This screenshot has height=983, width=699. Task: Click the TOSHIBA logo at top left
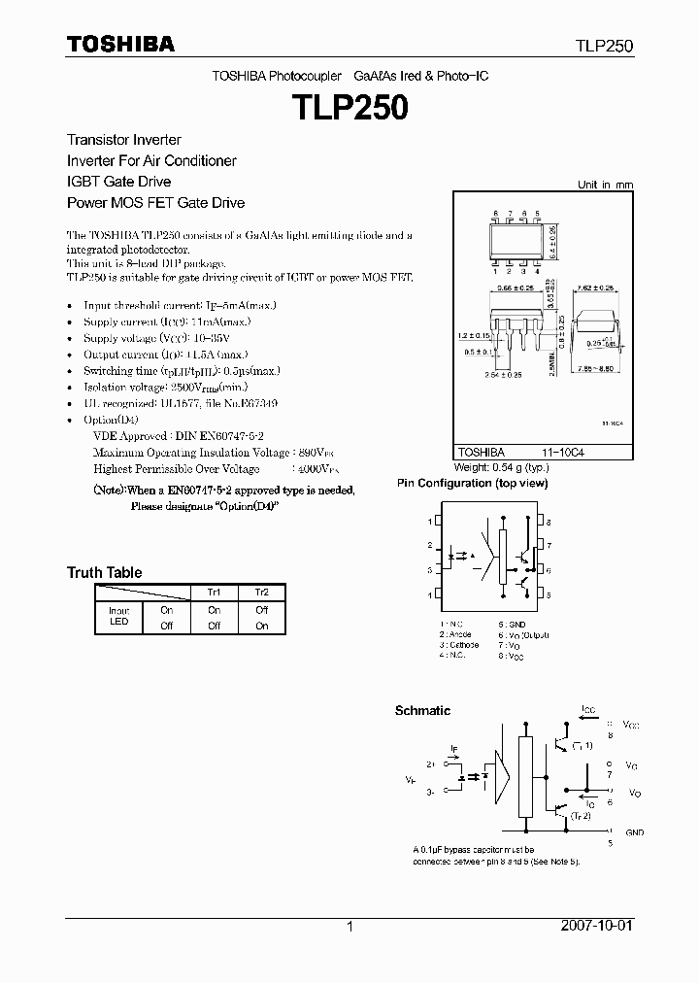(120, 44)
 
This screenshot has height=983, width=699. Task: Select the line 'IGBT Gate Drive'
(118, 182)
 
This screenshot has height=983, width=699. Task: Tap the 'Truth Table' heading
(104, 573)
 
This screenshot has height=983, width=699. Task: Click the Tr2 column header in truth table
(261, 593)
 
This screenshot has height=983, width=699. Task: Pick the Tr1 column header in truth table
(214, 593)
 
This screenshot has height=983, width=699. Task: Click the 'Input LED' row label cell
(118, 617)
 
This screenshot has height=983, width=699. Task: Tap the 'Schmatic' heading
(422, 711)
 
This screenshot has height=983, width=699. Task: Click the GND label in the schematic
(635, 832)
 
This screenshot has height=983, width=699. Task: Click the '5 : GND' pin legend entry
(513, 624)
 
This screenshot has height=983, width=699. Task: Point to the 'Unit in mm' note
(605, 185)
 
